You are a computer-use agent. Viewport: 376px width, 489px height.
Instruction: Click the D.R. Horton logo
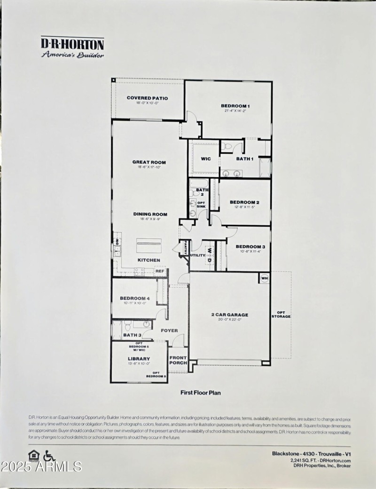click(x=72, y=47)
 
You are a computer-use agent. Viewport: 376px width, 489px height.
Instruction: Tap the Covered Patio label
click(x=148, y=98)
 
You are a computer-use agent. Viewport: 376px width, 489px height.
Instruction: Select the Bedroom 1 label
click(x=235, y=106)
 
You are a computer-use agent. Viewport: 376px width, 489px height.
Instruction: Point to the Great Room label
click(x=149, y=162)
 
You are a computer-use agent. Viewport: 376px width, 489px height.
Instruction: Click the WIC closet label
click(x=206, y=159)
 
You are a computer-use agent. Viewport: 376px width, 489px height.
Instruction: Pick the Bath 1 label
click(x=245, y=159)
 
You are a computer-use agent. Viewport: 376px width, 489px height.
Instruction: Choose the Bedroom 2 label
click(x=245, y=202)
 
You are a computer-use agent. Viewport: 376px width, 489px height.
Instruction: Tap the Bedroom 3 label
click(x=251, y=246)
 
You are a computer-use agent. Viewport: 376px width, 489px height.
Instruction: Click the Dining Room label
click(x=150, y=214)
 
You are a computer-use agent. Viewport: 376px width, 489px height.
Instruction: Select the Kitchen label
click(x=149, y=260)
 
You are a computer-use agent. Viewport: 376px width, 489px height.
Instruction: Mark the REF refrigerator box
click(x=160, y=271)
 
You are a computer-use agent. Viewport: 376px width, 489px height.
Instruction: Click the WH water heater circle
click(x=264, y=278)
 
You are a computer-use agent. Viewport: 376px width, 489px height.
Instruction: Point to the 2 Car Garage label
click(x=230, y=315)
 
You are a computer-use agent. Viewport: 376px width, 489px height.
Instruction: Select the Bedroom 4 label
click(x=134, y=298)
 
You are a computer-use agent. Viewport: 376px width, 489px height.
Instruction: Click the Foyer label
click(x=169, y=331)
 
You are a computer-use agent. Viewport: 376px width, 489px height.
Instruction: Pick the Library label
click(x=139, y=359)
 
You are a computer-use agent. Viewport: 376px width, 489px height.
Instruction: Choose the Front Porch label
click(x=178, y=360)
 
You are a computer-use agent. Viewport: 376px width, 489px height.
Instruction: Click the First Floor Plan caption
click(x=201, y=392)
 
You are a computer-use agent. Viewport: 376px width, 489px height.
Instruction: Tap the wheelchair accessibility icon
click(x=49, y=456)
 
